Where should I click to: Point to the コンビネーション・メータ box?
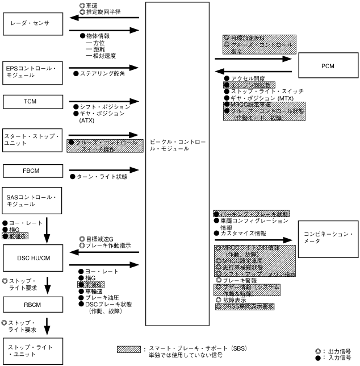click(x=326, y=238)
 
